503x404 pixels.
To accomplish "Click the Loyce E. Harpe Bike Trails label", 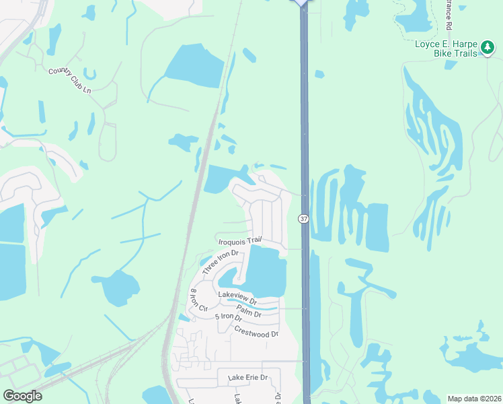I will pyautogui.click(x=445, y=46).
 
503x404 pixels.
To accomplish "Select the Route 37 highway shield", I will pyautogui.click(x=303, y=218).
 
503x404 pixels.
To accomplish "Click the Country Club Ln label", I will pyautogui.click(x=69, y=81).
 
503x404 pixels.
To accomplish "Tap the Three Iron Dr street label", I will pyautogui.click(x=221, y=261).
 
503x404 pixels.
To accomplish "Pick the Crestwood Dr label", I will pyautogui.click(x=256, y=332).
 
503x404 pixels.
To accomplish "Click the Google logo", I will pyautogui.click(x=22, y=395).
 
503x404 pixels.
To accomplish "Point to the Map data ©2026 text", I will pyautogui.click(x=474, y=399).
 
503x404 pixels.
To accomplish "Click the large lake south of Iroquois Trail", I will pyautogui.click(x=267, y=271).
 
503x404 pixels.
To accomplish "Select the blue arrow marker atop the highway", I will pyautogui.click(x=301, y=3).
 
